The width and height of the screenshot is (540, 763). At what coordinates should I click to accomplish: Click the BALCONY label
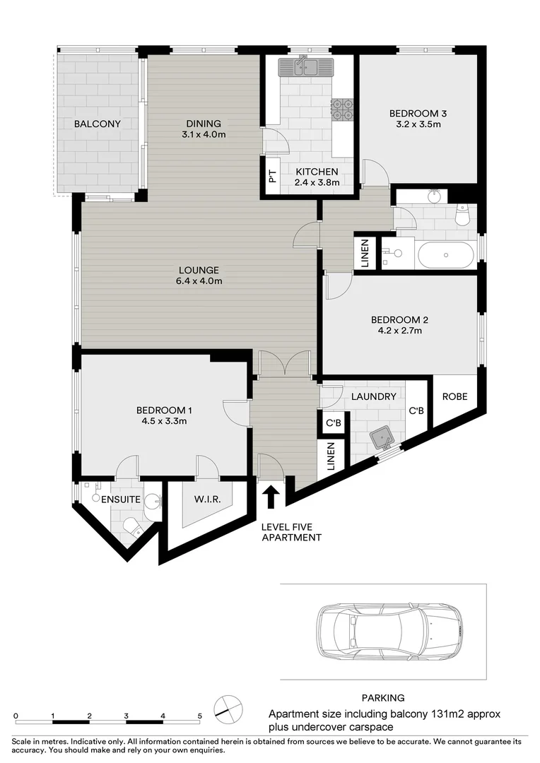(98, 124)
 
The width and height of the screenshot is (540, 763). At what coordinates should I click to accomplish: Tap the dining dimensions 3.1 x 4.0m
(204, 134)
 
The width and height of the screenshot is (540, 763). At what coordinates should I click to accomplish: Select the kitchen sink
(305, 67)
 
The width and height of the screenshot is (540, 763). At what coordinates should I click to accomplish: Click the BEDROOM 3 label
(418, 113)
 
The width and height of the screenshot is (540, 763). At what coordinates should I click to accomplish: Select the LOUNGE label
(199, 270)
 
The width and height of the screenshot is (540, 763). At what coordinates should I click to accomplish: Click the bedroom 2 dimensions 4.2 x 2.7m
(399, 331)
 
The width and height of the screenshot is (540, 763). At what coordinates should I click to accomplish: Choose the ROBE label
(454, 396)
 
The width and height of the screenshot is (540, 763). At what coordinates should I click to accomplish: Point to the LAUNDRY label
(373, 396)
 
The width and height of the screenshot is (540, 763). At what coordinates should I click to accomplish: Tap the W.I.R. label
(208, 499)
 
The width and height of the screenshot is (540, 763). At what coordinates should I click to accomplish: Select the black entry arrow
(270, 496)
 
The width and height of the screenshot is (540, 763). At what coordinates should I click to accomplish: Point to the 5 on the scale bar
(199, 716)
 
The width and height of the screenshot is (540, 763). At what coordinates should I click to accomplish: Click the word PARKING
(382, 697)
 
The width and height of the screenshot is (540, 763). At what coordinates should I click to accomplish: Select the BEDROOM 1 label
(164, 410)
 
